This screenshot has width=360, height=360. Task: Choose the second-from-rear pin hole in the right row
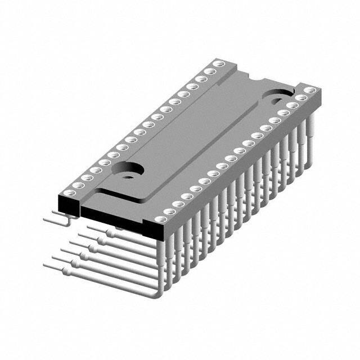[301, 97]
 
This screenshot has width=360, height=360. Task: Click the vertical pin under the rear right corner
[309, 129]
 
